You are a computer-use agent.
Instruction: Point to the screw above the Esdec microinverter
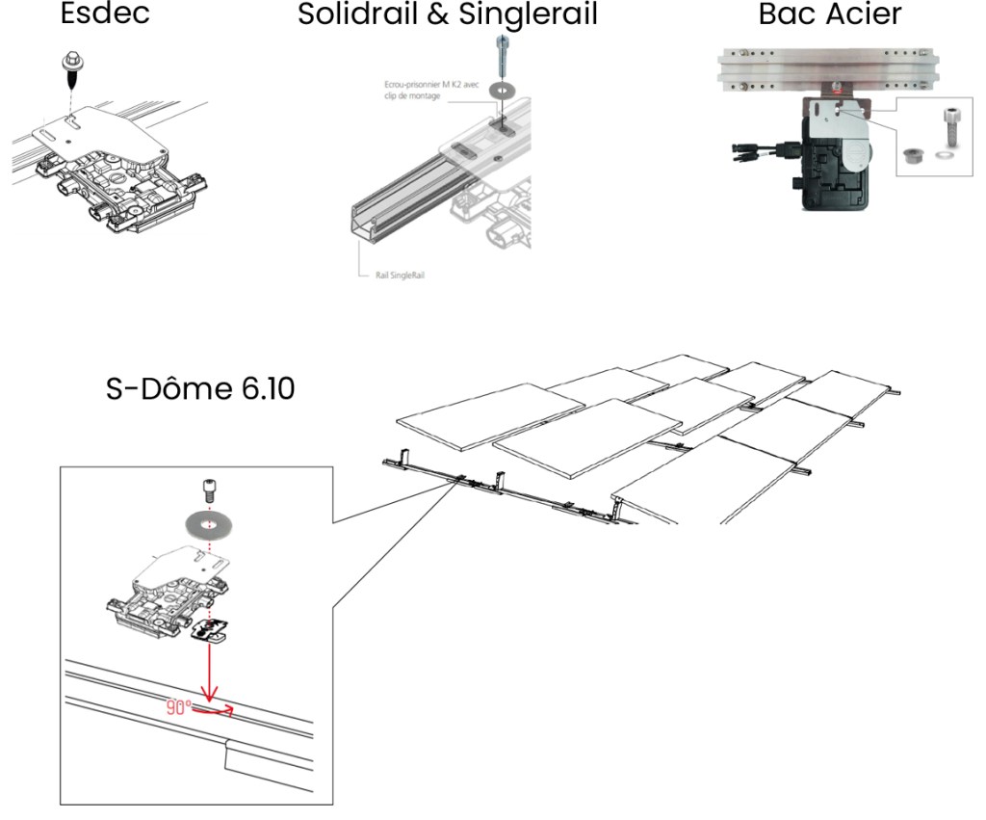pyautogui.click(x=71, y=65)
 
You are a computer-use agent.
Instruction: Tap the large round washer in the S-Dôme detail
pyautogui.click(x=210, y=524)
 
